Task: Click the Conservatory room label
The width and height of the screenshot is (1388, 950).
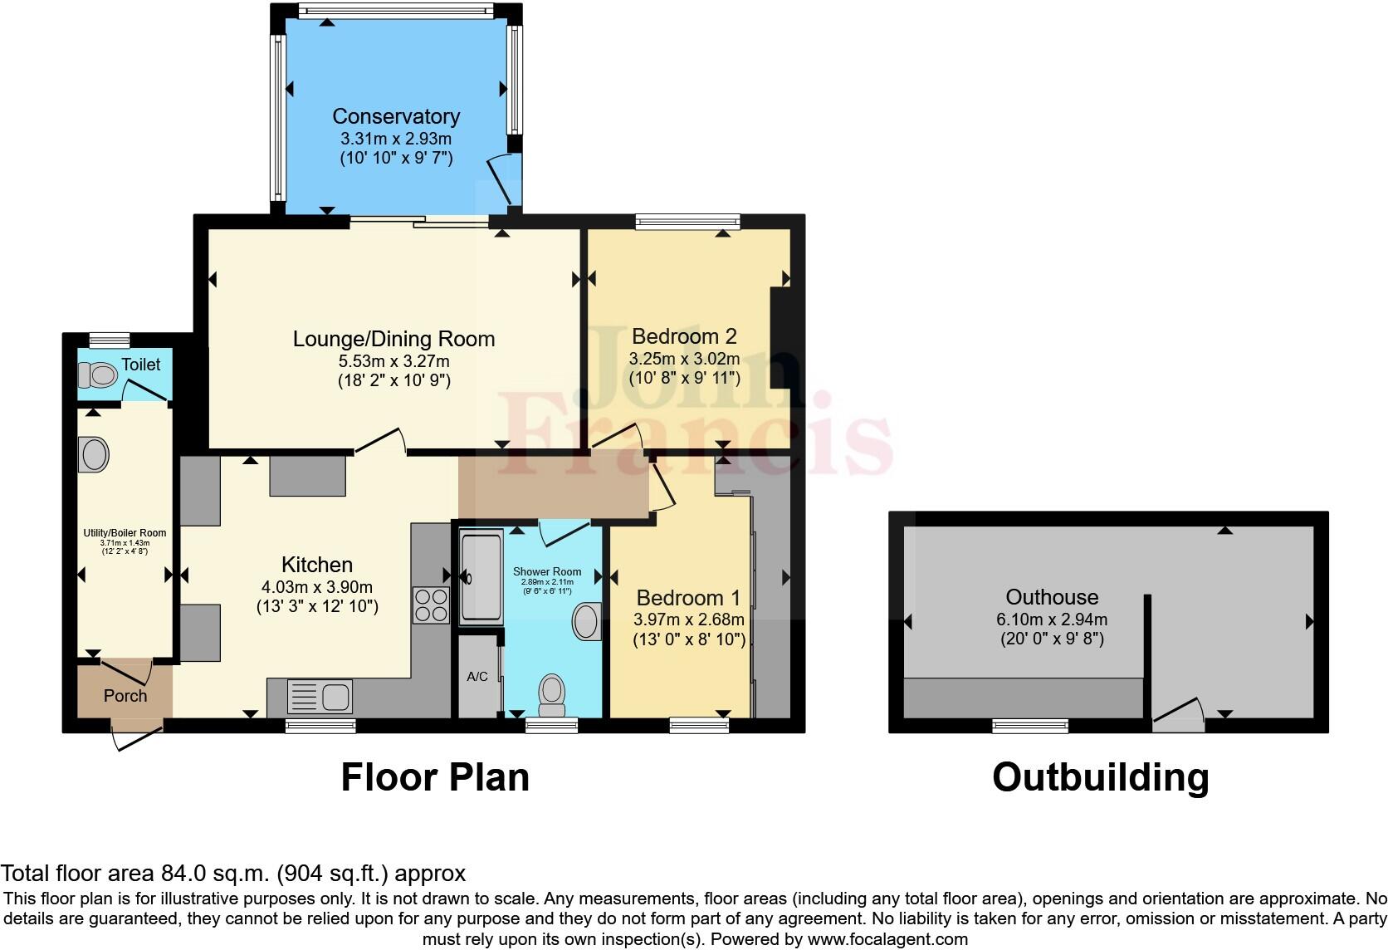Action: (x=396, y=116)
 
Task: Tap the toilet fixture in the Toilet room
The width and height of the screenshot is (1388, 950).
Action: (x=97, y=375)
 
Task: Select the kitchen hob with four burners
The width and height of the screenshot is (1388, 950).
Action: (x=431, y=605)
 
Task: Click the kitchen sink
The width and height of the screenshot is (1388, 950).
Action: (x=320, y=696)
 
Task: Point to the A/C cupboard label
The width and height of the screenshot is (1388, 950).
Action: (x=477, y=677)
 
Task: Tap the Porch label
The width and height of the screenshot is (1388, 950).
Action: (x=125, y=696)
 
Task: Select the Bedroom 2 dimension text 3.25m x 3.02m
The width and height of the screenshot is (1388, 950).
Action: (x=684, y=359)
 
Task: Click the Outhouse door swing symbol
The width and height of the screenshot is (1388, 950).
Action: (x=1179, y=714)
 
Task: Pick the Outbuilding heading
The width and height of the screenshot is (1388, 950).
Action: (x=1100, y=777)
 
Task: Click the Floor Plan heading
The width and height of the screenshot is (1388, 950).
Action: (x=435, y=777)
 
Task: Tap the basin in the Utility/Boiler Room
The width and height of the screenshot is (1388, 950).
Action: (x=94, y=454)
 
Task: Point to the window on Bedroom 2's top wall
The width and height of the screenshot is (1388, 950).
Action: (x=687, y=222)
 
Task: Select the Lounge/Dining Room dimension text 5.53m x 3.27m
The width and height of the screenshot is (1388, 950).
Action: (x=393, y=361)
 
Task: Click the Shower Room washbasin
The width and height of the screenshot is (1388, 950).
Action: (x=588, y=621)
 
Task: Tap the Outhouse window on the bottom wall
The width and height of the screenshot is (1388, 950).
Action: (x=1030, y=726)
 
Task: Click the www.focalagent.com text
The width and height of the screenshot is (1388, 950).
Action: (x=887, y=939)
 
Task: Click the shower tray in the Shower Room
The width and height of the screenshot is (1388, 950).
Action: (x=481, y=579)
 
